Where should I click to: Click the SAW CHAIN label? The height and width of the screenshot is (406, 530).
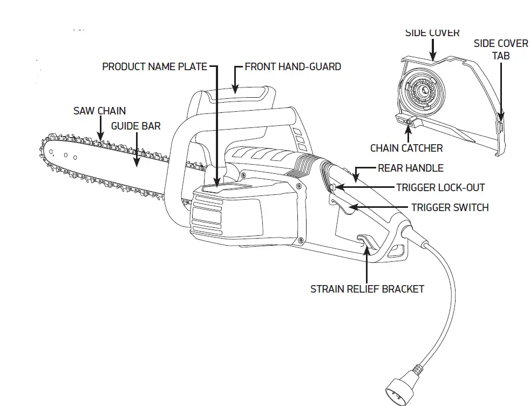point(99,111)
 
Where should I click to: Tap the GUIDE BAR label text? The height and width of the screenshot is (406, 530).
point(135,126)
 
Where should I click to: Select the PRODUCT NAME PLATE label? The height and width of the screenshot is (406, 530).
point(154,66)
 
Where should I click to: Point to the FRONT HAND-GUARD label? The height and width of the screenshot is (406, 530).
point(293,66)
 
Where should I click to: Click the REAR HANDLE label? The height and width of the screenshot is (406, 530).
point(410,168)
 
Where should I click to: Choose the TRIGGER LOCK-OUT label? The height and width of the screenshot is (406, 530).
point(440,187)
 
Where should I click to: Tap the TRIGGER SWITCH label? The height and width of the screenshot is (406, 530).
point(450,207)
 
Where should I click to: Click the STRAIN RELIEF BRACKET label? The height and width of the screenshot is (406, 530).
point(367,289)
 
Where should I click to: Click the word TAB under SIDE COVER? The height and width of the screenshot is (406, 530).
point(501,56)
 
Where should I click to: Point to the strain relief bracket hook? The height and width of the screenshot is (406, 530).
point(365,241)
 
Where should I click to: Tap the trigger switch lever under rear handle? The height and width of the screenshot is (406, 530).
point(340,205)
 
